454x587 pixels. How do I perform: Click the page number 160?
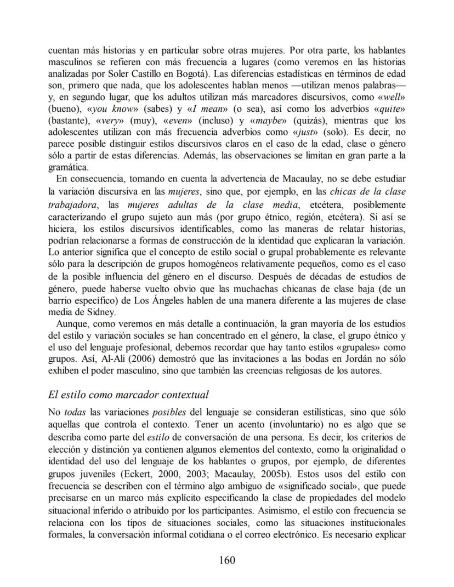226,560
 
